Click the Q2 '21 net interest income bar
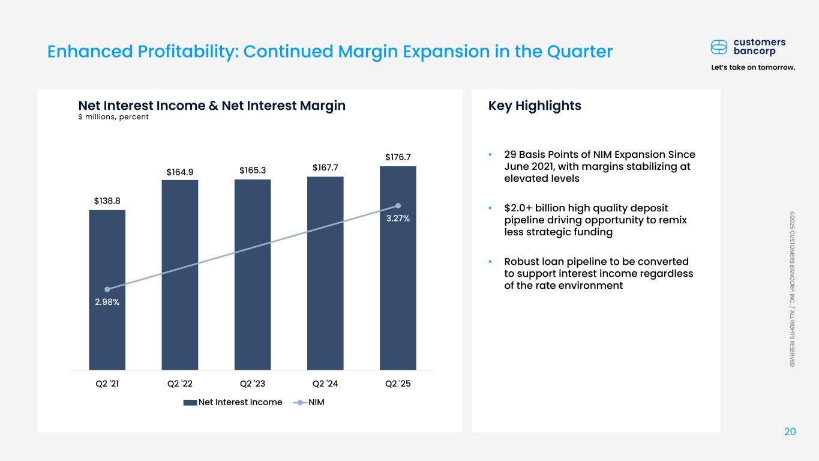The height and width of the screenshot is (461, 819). [107, 324]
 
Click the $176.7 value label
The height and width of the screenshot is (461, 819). [398, 157]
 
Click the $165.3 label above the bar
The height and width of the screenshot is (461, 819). [253, 170]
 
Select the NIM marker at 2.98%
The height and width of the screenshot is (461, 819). [107, 289]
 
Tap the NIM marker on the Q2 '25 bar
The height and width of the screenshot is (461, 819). [398, 206]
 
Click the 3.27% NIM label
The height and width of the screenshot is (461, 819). [398, 218]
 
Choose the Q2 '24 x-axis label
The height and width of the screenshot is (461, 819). [325, 383]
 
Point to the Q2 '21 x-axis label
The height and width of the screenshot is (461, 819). [107, 383]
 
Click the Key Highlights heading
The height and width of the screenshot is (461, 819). [535, 106]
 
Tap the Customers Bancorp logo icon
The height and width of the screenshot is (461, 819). [719, 47]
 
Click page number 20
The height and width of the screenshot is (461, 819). [790, 432]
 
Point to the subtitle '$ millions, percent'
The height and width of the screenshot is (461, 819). [113, 117]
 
